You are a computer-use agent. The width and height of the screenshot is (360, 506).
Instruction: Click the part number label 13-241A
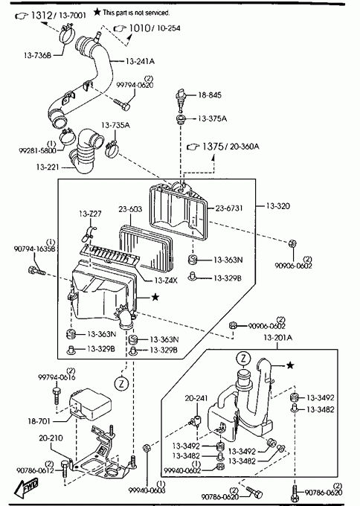(x=140, y=61)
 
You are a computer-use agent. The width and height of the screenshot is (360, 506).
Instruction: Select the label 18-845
(x=210, y=95)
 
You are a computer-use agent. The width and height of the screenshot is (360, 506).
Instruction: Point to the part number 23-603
(x=130, y=209)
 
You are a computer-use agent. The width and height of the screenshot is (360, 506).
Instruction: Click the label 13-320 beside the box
(x=278, y=205)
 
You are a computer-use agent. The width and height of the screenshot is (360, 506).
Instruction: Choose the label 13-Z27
(x=90, y=214)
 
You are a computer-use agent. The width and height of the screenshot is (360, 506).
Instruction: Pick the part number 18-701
(x=39, y=421)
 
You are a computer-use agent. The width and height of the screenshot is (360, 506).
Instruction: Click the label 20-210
(x=51, y=438)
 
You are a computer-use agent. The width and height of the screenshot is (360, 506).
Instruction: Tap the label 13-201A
(x=278, y=338)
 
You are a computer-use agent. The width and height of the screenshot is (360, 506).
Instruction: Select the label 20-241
(x=196, y=399)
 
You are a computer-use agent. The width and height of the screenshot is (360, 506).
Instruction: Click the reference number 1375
(x=213, y=147)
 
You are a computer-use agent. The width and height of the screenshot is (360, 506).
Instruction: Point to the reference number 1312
(x=42, y=15)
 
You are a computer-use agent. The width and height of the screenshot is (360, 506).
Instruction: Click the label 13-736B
(x=37, y=55)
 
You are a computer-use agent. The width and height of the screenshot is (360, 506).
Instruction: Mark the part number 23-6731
(x=229, y=208)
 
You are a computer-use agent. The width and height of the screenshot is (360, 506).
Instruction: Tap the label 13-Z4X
(x=165, y=280)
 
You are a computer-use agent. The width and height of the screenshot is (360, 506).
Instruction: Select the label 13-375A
(x=212, y=118)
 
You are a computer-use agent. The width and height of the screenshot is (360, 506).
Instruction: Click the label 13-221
(x=48, y=167)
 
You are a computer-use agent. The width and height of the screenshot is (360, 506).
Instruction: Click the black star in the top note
(x=97, y=12)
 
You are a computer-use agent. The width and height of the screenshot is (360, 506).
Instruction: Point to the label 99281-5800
(x=37, y=150)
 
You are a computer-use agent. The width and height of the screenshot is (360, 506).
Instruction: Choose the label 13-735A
(x=115, y=125)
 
